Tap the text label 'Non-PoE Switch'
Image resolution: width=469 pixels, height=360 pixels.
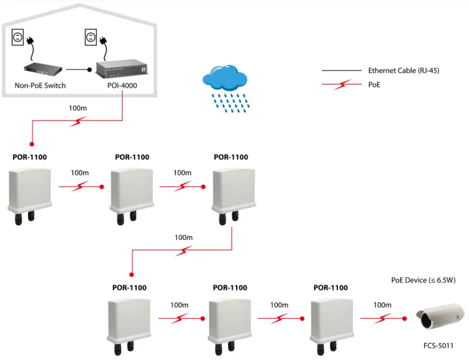tap(40, 85)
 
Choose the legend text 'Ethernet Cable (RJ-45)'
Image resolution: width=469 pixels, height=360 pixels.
tap(403, 71)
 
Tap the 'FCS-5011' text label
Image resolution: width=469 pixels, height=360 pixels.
tap(438, 346)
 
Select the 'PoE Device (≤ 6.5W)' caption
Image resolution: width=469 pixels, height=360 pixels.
tap(424, 280)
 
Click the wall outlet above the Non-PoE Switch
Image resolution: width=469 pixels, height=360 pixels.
tap(17, 37)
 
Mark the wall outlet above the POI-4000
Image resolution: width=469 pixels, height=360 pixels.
tap(90, 37)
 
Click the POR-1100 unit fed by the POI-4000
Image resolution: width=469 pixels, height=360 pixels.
tap(29, 190)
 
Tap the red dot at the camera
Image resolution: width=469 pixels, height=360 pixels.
tap(405, 318)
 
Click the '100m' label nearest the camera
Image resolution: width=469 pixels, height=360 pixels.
tap(382, 305)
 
